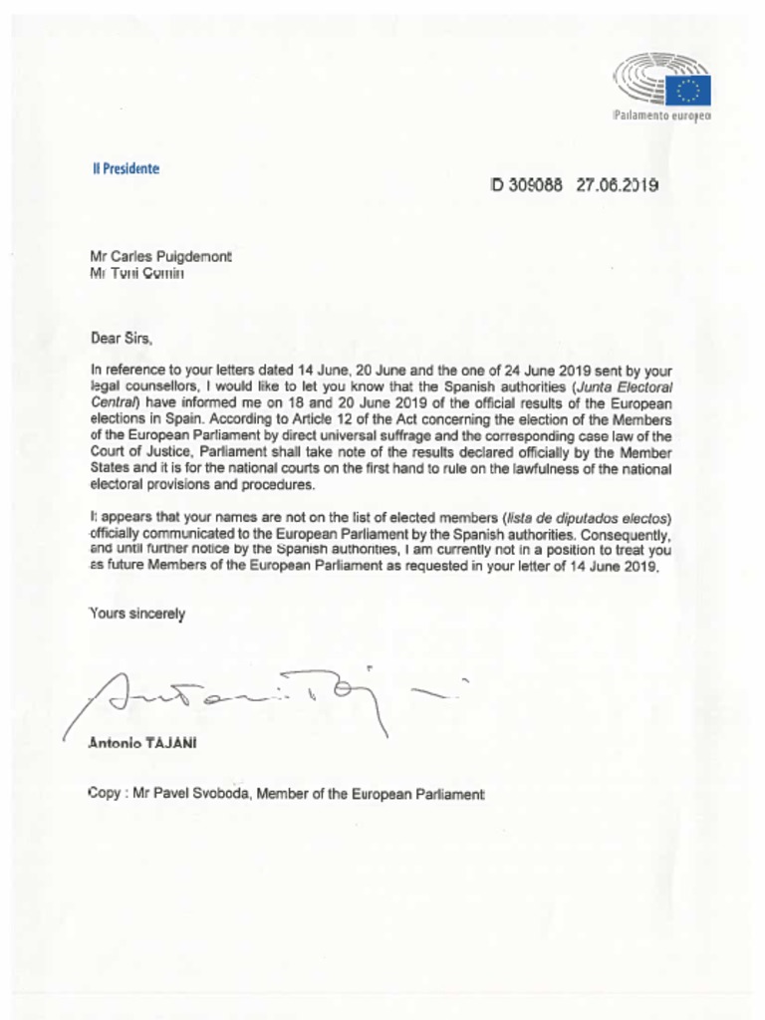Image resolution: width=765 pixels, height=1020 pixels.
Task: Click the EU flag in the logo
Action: [688, 91]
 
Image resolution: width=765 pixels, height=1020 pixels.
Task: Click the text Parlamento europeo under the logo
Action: [662, 118]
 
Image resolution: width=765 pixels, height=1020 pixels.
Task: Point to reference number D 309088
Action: [528, 184]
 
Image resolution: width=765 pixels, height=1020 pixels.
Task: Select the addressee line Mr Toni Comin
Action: [137, 273]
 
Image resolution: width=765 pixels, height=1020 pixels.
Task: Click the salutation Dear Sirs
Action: [122, 338]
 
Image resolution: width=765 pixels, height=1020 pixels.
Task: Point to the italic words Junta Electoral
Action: [627, 385]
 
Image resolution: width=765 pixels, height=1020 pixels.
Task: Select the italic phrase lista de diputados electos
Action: [591, 518]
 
